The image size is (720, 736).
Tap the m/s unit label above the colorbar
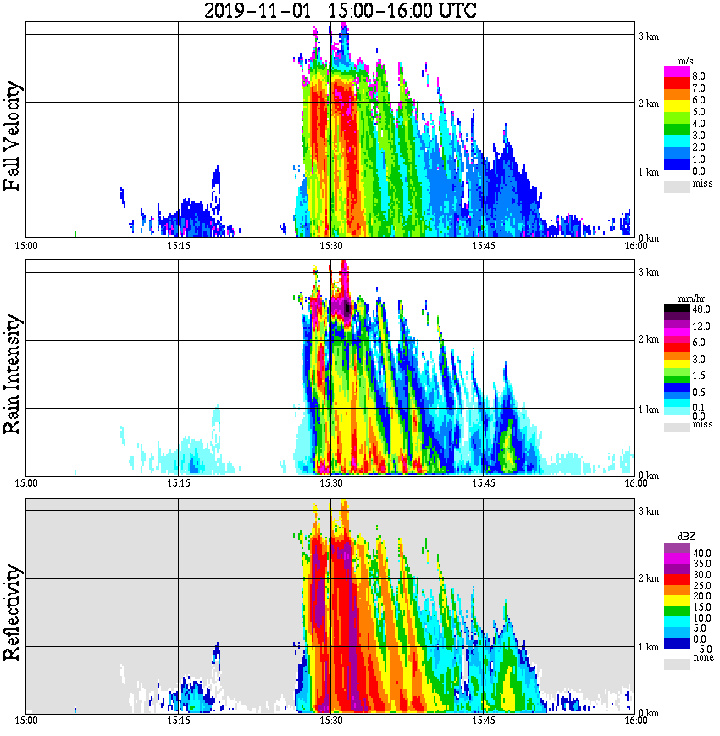pyautogui.click(x=684, y=61)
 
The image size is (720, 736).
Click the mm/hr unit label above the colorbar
pyautogui.click(x=684, y=299)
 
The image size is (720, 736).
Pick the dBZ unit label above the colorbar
pyautogui.click(x=684, y=537)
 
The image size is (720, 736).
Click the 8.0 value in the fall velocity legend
pyautogui.click(x=698, y=76)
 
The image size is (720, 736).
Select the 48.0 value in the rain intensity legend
pyautogui.click(x=701, y=310)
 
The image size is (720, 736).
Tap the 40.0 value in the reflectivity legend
pyautogui.click(x=701, y=553)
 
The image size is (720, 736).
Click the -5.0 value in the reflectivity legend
pyautogui.click(x=701, y=648)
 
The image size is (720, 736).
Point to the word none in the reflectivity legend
pyautogui.click(x=703, y=658)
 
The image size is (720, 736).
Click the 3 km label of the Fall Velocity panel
pyautogui.click(x=648, y=36)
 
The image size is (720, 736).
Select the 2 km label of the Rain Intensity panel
pyautogui.click(x=648, y=340)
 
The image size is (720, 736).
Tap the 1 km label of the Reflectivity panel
pyautogui.click(x=648, y=648)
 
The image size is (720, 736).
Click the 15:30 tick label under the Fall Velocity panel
pyautogui.click(x=330, y=246)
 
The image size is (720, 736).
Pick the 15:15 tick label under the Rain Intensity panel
pyautogui.click(x=178, y=483)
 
